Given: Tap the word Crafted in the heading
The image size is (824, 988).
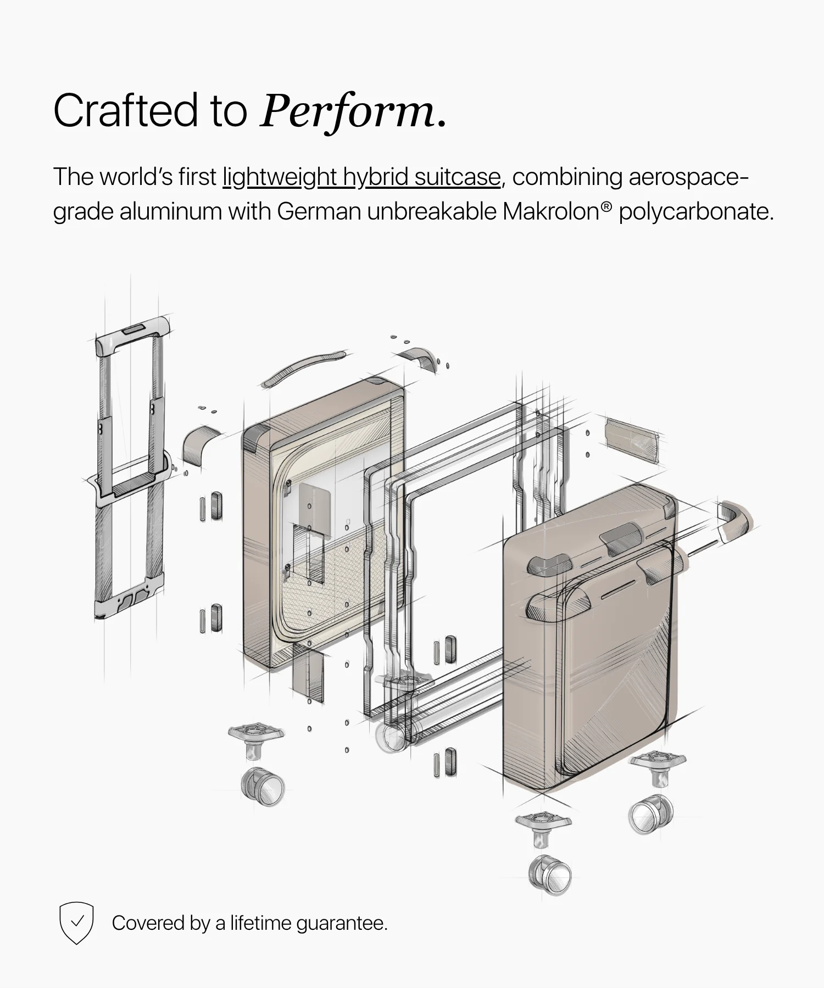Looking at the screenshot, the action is tap(125, 110).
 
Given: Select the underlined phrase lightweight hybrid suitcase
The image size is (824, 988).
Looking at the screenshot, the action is tap(361, 177).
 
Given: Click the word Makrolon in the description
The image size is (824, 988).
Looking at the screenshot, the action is tap(550, 211).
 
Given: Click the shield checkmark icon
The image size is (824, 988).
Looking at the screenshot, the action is tap(76, 923).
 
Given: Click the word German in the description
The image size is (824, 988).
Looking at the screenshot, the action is tap(319, 211).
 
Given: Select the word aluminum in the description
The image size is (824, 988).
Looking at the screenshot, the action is tap(170, 211).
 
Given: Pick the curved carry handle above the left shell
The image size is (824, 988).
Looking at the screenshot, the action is tap(303, 367).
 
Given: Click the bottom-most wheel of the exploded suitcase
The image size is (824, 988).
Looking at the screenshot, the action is tap(550, 875).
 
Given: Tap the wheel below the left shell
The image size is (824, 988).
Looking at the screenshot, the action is tap(263, 787).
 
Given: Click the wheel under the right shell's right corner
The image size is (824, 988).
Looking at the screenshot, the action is tap(651, 814).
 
